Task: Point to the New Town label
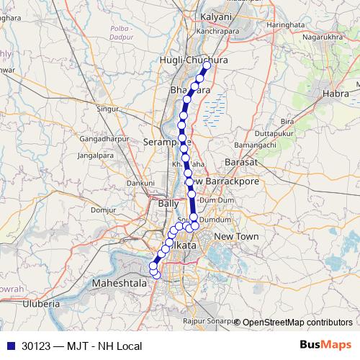pyautogui.click(x=236, y=236)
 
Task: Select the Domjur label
pyautogui.click(x=104, y=210)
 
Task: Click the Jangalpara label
pyautogui.click(x=96, y=155)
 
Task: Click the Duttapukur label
pyautogui.click(x=273, y=133)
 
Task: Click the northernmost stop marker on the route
pyautogui.click(x=207, y=66)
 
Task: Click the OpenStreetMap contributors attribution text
pyautogui.click(x=297, y=322)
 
